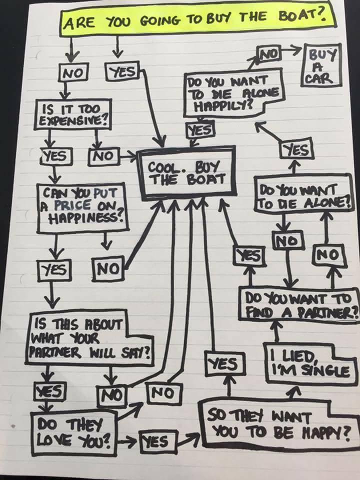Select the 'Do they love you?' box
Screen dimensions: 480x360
pos(72,430)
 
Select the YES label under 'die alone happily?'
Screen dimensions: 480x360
pos(199,129)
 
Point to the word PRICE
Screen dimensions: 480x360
pos(77,204)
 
